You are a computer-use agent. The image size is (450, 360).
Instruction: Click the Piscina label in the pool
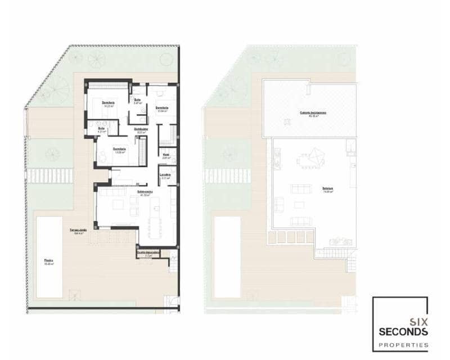pos(49,262)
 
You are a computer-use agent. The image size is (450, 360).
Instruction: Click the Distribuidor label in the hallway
pos(141,130)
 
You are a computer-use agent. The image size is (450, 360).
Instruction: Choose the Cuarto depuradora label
pos(148,254)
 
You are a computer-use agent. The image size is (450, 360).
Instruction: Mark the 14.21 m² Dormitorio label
pos(108,103)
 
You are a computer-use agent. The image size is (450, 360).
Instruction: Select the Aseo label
pos(166,155)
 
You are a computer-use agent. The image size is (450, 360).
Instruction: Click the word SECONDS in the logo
pos(403,332)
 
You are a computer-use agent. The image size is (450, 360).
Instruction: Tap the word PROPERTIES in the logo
pos(403,344)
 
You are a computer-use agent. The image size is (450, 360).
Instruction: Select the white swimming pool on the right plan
pos(227,257)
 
